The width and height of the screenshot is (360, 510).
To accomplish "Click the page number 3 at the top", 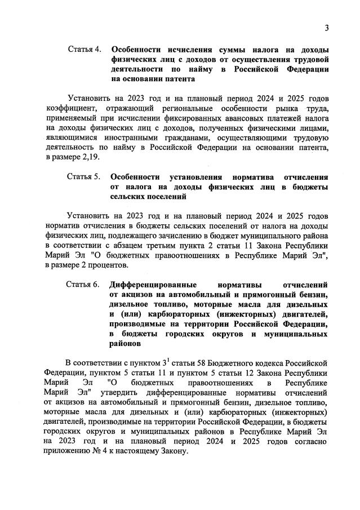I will coord(326,28).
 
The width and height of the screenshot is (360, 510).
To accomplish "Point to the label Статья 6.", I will coord(83,284).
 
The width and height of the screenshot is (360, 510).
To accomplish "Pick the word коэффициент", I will coord(67,107).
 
